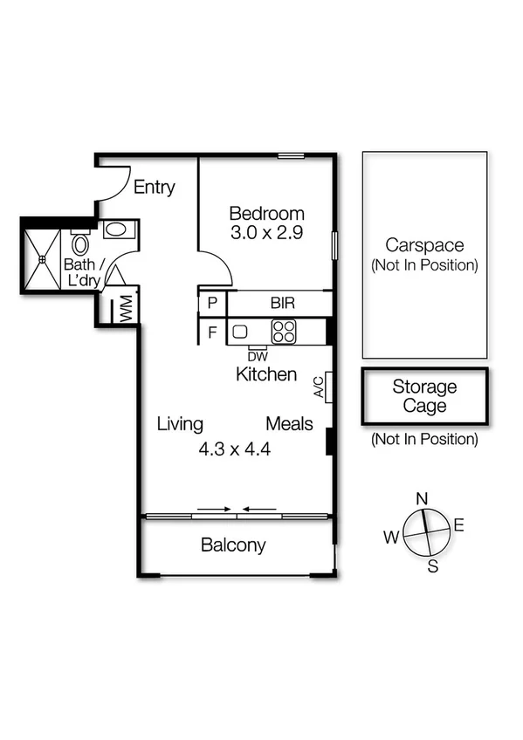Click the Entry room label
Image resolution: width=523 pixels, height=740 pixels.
click(x=154, y=187)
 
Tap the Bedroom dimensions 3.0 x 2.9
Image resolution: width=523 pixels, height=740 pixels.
click(x=266, y=233)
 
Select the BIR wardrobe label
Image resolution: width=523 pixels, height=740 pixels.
click(x=281, y=304)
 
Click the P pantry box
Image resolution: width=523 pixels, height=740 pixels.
click(x=212, y=304)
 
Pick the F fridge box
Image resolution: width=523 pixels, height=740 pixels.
click(x=212, y=332)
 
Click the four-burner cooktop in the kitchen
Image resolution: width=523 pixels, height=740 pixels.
click(x=284, y=332)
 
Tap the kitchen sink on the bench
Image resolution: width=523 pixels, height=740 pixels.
click(x=240, y=332)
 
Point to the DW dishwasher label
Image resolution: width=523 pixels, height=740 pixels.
click(x=257, y=355)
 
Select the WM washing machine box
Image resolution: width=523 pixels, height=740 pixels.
click(x=126, y=309)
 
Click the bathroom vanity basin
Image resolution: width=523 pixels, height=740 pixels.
click(x=115, y=230)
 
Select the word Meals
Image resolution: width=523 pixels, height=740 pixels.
click(x=289, y=424)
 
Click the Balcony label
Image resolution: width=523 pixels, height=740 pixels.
click(x=233, y=546)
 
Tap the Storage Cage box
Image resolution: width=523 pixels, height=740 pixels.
click(x=424, y=396)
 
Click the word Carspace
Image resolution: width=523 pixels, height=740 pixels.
click(x=424, y=245)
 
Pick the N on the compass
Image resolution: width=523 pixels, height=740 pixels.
click(x=422, y=498)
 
